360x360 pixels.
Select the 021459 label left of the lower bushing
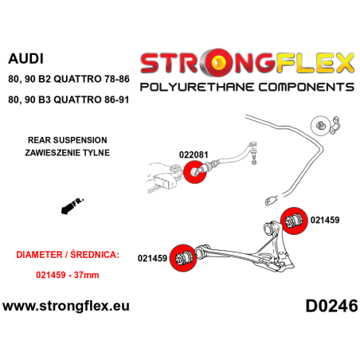[x=152, y=257]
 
